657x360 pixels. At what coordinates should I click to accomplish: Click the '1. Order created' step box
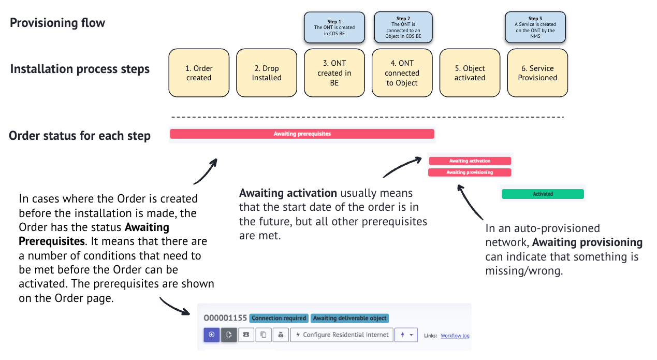point(199,73)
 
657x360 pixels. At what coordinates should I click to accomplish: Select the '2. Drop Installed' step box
point(267,73)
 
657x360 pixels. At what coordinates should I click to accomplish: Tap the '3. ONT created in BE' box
point(334,73)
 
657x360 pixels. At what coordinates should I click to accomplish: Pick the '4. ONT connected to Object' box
point(402,73)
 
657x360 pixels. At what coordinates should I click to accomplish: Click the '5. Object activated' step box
point(470,73)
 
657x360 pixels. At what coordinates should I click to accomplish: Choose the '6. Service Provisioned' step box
point(537,73)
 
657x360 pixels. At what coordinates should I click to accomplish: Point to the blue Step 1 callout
point(334,27)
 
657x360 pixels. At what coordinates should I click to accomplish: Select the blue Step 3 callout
point(535,27)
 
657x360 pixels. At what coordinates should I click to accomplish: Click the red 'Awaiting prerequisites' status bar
point(302,134)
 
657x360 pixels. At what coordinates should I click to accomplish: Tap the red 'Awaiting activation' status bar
point(470,161)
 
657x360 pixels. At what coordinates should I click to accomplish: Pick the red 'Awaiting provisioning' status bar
point(470,172)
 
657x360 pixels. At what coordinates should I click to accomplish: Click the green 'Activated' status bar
point(543,194)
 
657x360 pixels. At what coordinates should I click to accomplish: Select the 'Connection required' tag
point(279,318)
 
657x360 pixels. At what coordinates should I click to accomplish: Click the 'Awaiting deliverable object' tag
point(349,318)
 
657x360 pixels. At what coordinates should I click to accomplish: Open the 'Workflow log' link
point(455,336)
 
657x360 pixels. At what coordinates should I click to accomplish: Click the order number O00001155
point(225,318)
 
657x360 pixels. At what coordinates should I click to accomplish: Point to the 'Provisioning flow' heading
point(57,23)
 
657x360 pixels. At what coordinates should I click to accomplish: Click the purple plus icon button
point(212,335)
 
